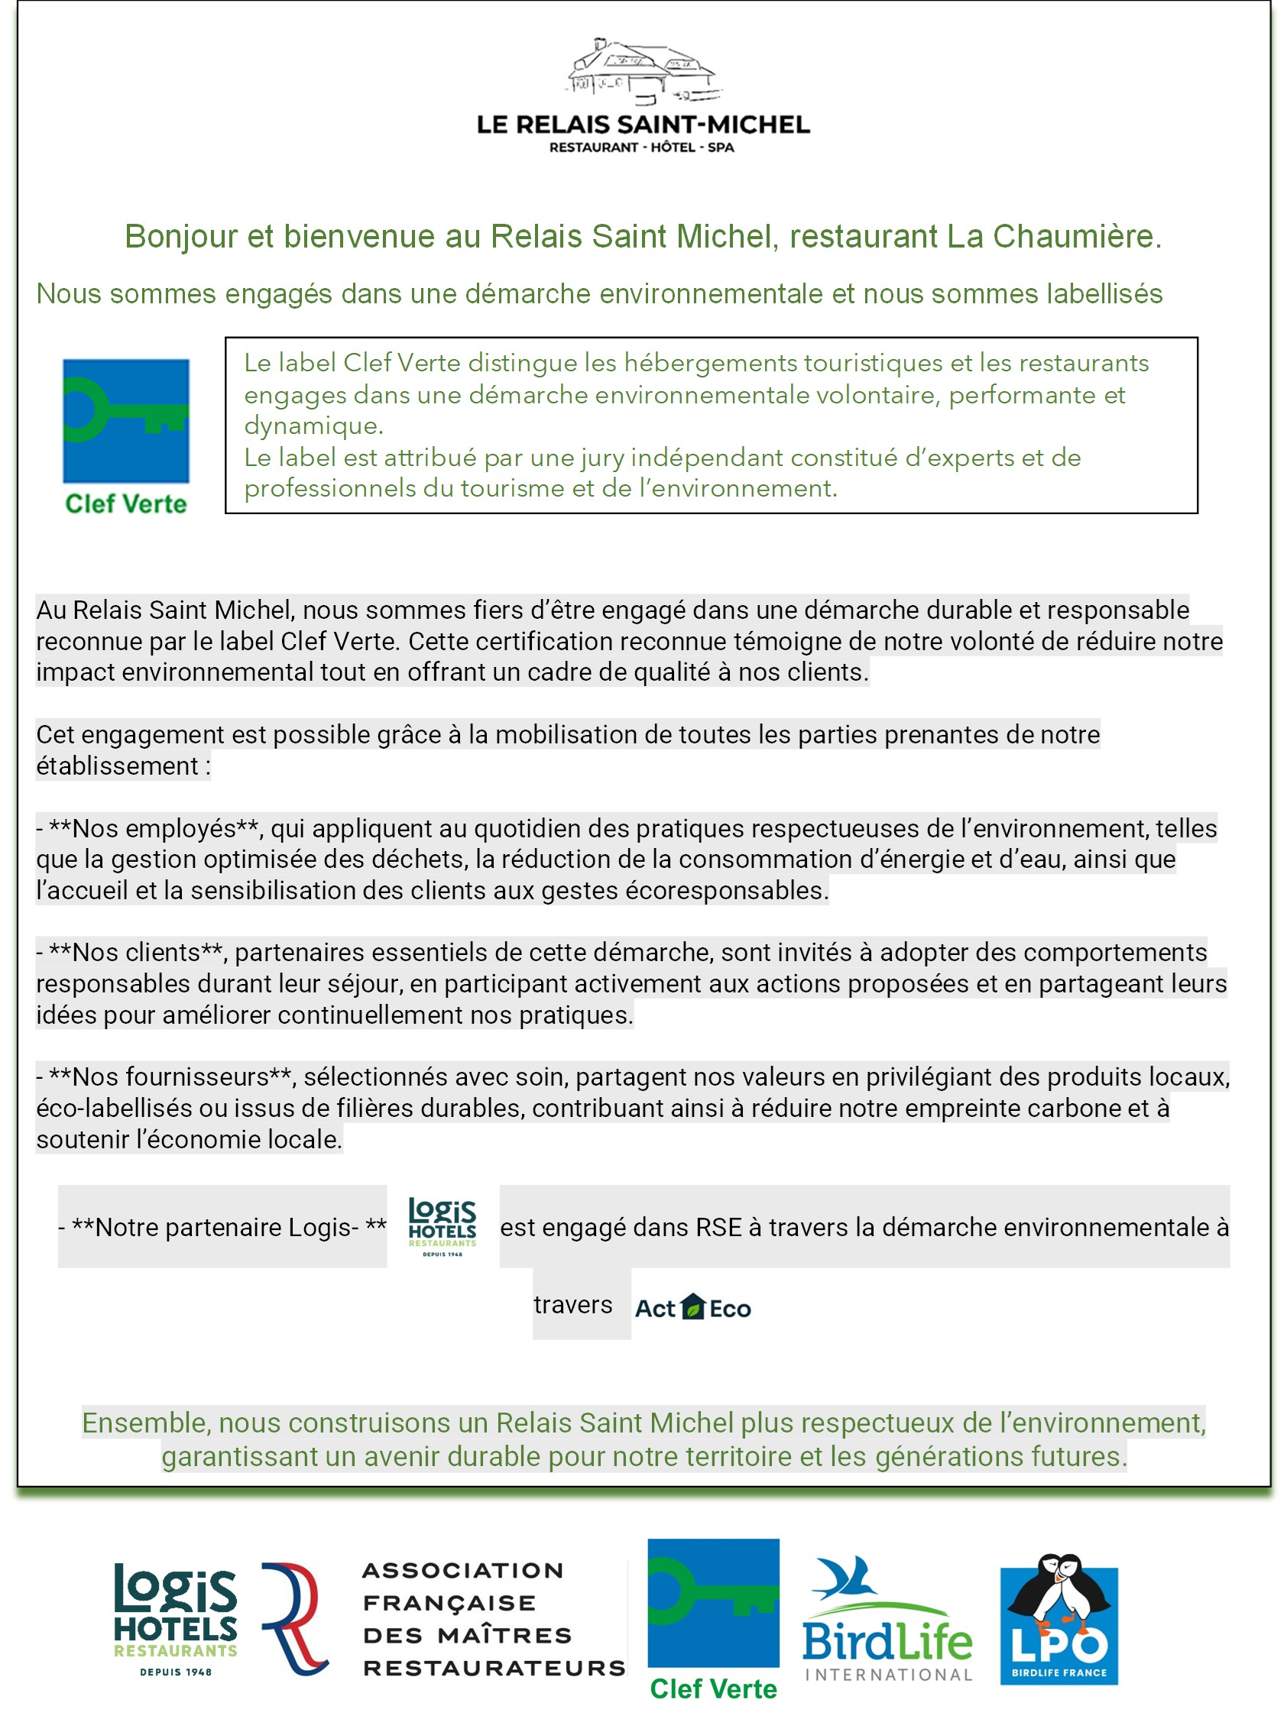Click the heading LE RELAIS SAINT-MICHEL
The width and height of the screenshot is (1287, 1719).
[x=643, y=125]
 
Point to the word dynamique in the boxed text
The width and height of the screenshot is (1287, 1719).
[x=313, y=426]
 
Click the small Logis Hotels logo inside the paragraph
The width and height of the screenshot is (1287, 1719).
[x=443, y=1227]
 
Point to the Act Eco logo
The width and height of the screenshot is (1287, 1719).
[x=692, y=1309]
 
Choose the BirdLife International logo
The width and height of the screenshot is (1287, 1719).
[x=887, y=1620]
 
